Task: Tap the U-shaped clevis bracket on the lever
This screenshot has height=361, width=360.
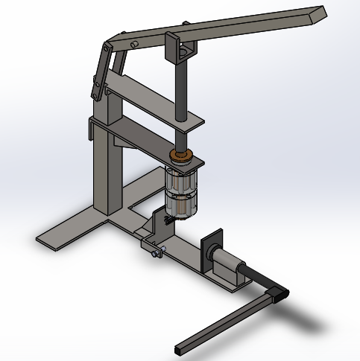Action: tap(181, 50)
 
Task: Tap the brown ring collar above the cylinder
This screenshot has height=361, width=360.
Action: tap(181, 156)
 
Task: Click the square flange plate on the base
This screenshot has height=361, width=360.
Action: tap(214, 249)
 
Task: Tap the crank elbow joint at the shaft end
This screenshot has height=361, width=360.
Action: tap(277, 293)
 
